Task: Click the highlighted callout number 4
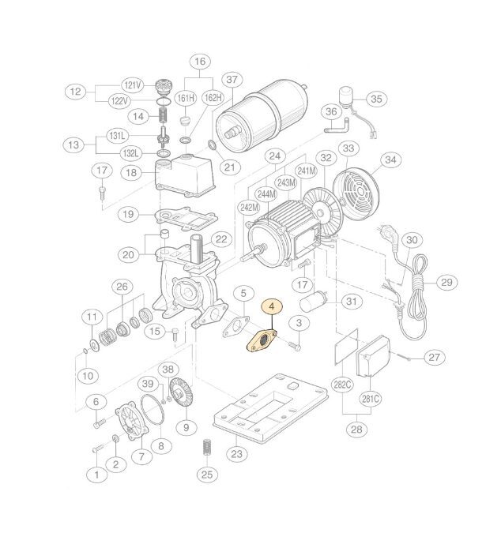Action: coord(271,306)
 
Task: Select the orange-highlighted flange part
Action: coord(262,341)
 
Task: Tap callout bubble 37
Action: coord(232,80)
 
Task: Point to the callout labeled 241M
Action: coord(307,171)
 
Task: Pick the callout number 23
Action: coord(237,454)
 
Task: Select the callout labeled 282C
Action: coord(342,385)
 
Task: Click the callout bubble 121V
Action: coord(133,85)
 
